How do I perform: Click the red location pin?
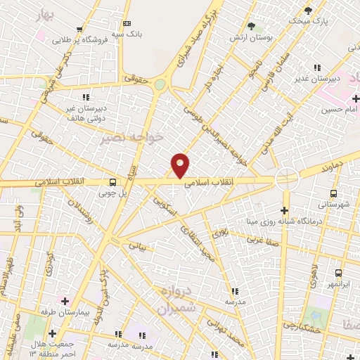tap(181, 165)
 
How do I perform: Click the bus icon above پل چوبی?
tap(113, 181)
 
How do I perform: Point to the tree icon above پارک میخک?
tap(307, 10)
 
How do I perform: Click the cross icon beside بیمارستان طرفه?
tap(65, 301)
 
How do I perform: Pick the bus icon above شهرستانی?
tap(333, 193)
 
